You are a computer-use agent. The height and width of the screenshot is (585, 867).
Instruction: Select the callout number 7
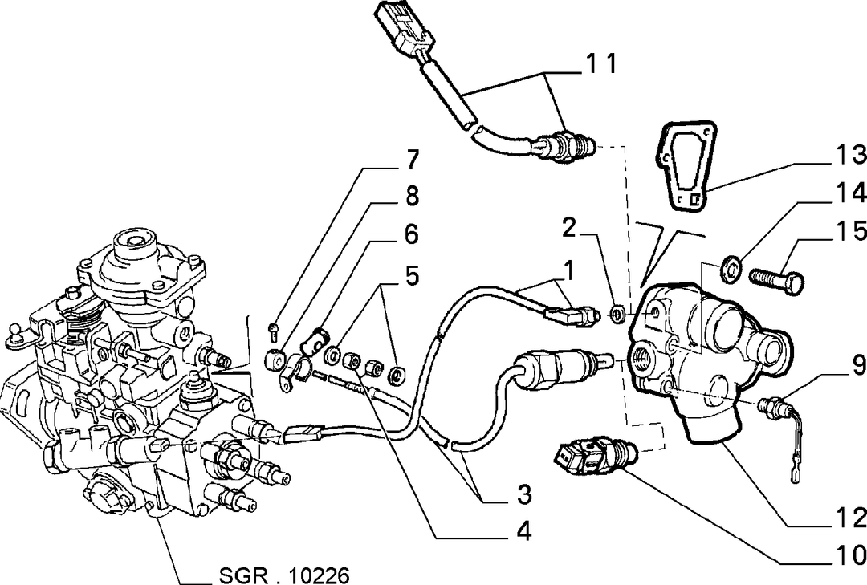pos(413,160)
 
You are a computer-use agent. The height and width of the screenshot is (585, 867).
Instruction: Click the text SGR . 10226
pos(284,575)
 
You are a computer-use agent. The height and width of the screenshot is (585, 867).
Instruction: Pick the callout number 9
pos(858,365)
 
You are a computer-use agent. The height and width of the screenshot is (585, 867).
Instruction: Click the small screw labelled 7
pos(272,331)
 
